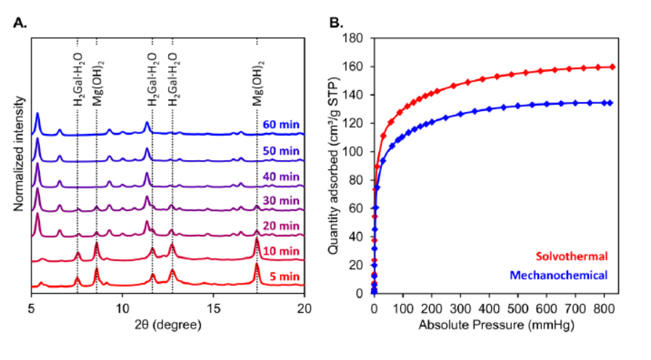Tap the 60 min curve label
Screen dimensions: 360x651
click(280, 123)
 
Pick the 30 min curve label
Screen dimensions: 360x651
click(280, 200)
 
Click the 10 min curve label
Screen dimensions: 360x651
click(280, 251)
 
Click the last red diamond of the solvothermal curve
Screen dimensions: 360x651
click(612, 67)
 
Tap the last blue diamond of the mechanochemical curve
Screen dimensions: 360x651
click(610, 103)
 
